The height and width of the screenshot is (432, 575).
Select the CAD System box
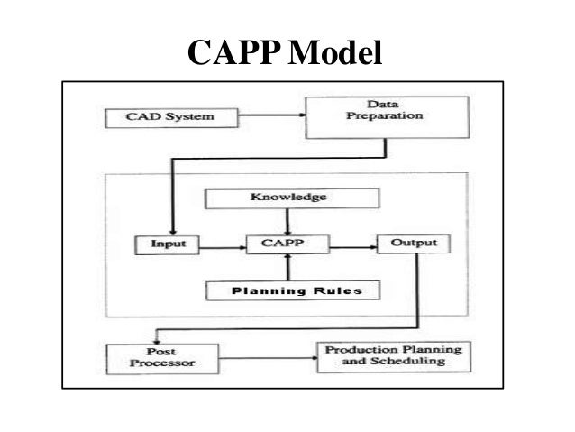(159, 117)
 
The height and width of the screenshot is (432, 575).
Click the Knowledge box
(286, 198)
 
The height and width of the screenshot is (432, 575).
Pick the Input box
(162, 244)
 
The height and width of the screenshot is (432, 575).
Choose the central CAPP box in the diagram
(286, 244)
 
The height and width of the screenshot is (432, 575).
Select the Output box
(413, 244)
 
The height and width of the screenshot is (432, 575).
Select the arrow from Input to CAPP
(220, 244)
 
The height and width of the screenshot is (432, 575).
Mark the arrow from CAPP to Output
(351, 244)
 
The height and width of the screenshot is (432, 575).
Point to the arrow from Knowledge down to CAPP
(286, 221)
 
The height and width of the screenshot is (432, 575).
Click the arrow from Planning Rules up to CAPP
(286, 267)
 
